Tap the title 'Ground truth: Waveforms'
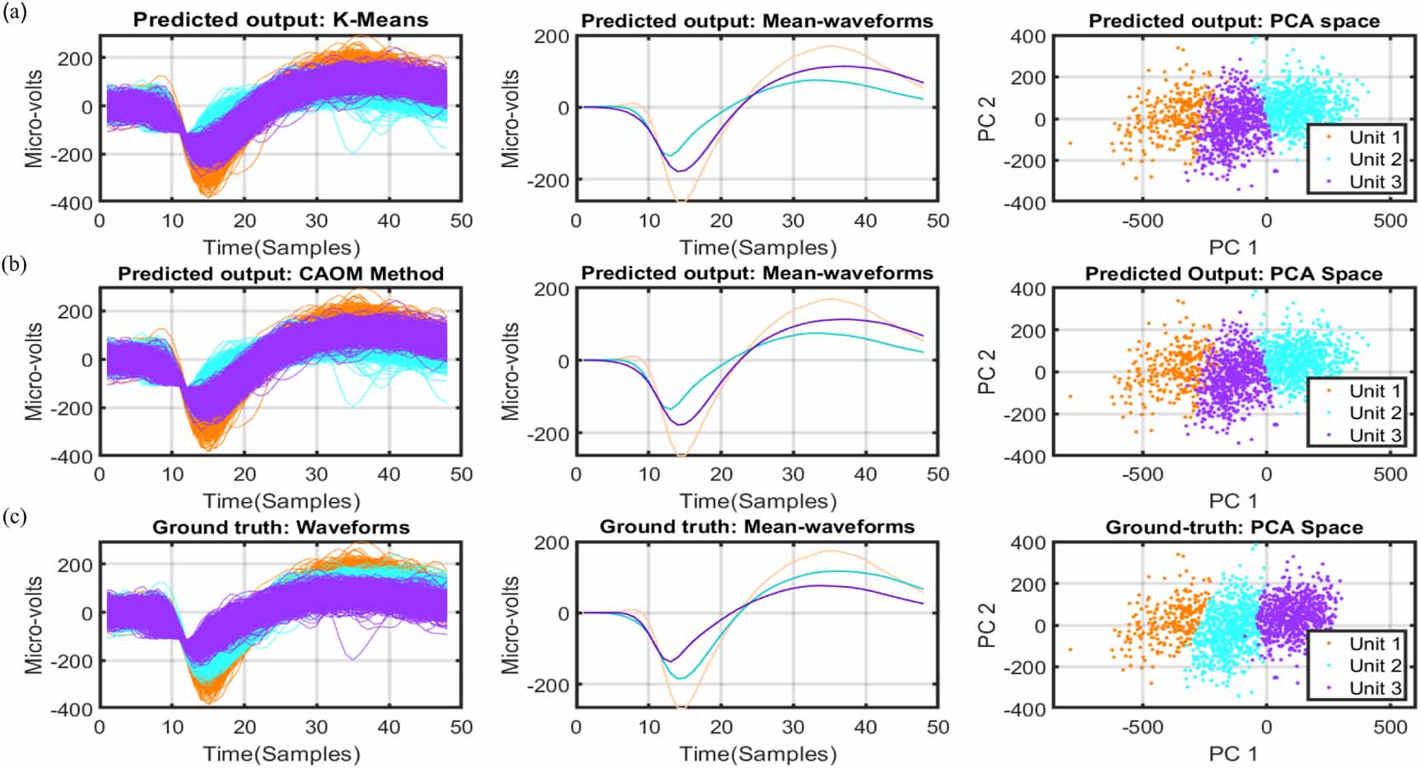[x=281, y=527]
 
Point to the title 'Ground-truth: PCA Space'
[x=1233, y=527]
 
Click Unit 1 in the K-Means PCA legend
[x=1374, y=137]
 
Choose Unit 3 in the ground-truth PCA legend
[x=1374, y=688]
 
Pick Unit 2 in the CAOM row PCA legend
[x=1374, y=413]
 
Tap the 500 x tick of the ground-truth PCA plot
[x=1390, y=728]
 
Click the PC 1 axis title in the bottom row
[x=1232, y=754]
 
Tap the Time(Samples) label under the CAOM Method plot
[x=282, y=500]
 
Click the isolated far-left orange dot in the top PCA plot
[x=1070, y=143]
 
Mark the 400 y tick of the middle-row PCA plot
[x=1029, y=289]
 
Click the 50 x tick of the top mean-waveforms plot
[x=938, y=221]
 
